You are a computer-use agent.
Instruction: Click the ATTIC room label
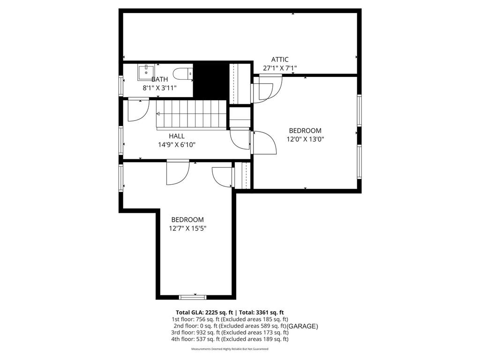[x=280, y=60]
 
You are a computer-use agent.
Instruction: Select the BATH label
[x=159, y=79]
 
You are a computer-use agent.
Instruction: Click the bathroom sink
[x=146, y=73]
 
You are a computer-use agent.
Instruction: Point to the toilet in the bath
[x=183, y=74]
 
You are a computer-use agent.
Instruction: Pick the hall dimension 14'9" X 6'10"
[x=177, y=145]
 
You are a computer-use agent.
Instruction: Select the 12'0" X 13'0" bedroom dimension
[x=306, y=139]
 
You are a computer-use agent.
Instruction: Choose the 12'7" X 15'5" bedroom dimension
[x=187, y=228]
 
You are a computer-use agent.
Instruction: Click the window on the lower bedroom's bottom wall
[x=193, y=297]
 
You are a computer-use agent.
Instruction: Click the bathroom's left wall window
[x=121, y=86]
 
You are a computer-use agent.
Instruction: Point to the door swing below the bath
[x=137, y=109]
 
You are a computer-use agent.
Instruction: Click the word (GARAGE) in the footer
[x=302, y=326]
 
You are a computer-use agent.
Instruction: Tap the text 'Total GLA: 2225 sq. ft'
[x=204, y=312]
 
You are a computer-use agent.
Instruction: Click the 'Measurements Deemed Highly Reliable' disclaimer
[x=230, y=349]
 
